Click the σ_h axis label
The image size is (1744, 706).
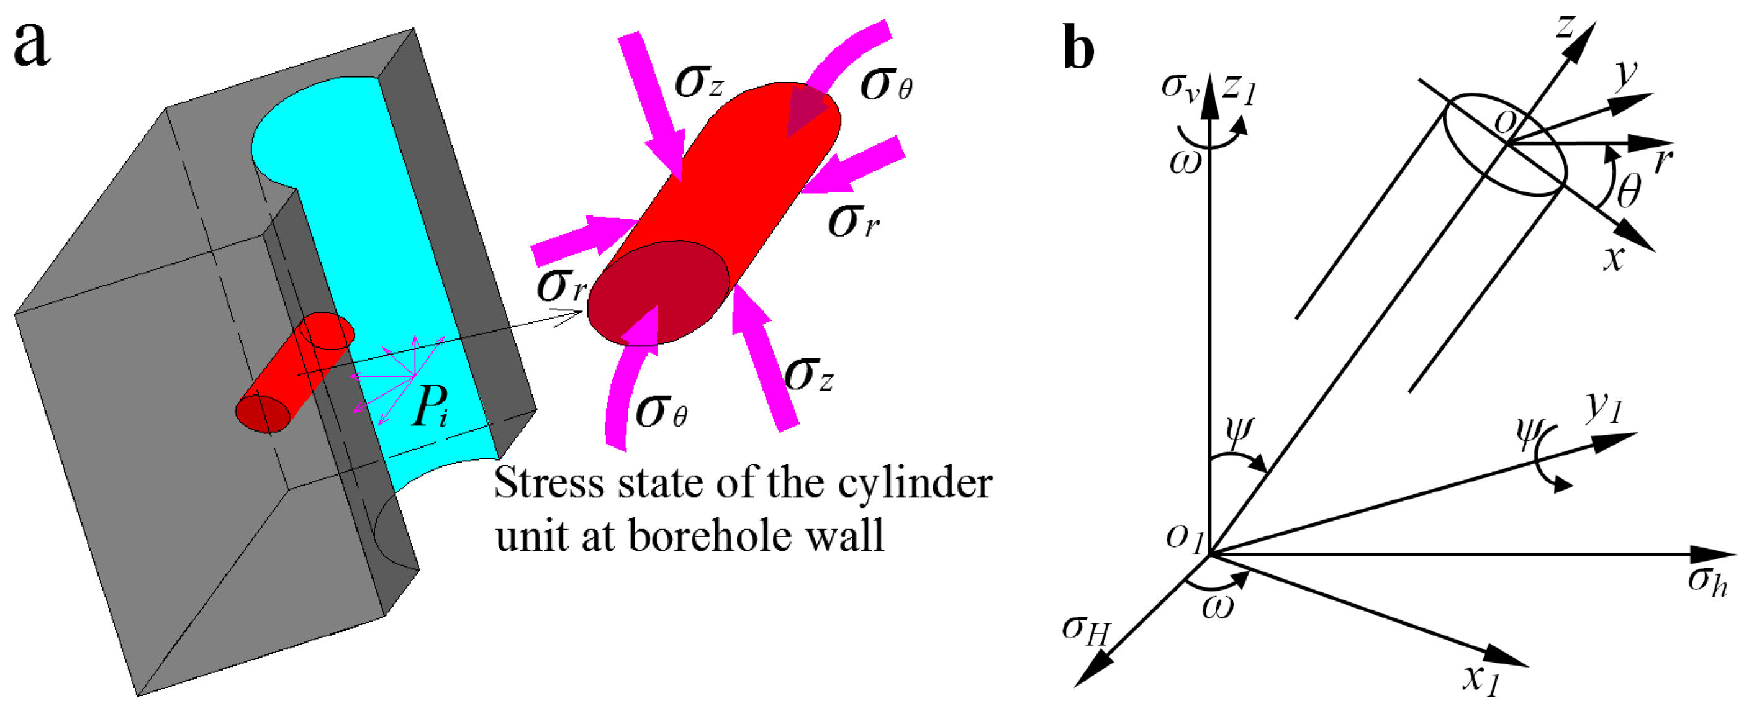tap(1707, 580)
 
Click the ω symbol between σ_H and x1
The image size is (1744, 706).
tap(1218, 607)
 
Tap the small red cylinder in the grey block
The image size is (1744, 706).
tap(295, 373)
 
